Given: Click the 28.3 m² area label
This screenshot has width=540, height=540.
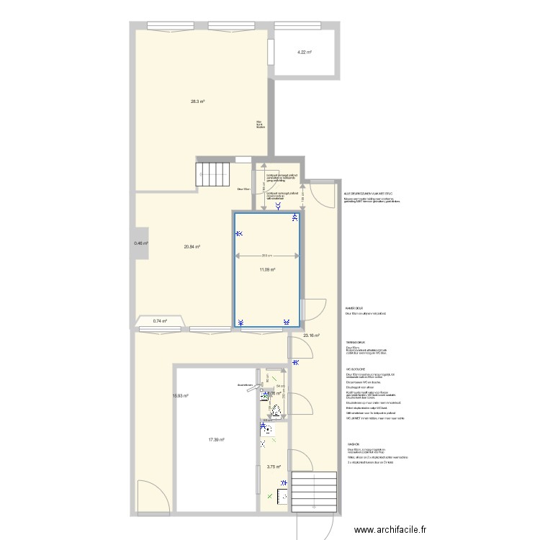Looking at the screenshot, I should click(x=197, y=102).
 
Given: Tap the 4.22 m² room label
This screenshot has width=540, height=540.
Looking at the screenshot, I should click(x=305, y=52).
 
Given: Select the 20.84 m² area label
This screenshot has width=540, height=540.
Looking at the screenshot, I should click(x=192, y=247).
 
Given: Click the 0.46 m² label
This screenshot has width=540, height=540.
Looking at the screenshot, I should click(x=140, y=243).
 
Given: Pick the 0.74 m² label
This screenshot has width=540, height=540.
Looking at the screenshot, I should click(x=160, y=321).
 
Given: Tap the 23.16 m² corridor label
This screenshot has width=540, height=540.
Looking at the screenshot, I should click(x=311, y=336).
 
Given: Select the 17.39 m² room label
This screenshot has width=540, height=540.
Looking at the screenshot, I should click(x=216, y=440).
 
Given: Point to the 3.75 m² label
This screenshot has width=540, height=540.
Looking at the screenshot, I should click(x=274, y=467).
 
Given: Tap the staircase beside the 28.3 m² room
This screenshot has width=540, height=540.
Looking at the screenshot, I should click(x=212, y=174).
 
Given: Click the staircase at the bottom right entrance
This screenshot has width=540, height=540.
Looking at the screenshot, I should click(x=315, y=492).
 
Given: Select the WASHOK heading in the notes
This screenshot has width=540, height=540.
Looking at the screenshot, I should click(x=353, y=444).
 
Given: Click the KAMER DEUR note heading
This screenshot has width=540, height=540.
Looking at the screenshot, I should click(x=354, y=307).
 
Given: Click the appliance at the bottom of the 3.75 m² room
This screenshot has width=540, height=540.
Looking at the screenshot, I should click(x=283, y=497).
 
